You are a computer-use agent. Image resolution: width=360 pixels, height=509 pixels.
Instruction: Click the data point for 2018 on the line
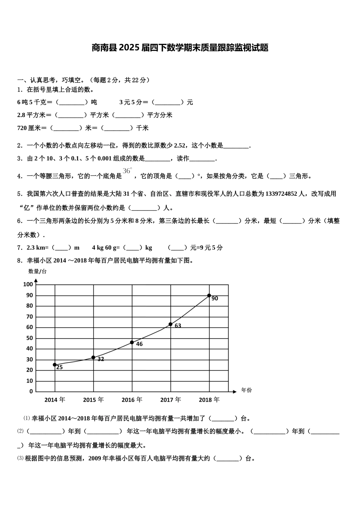pyautogui.click(x=209, y=295)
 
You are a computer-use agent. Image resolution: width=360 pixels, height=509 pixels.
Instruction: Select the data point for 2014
pyautogui.click(x=55, y=365)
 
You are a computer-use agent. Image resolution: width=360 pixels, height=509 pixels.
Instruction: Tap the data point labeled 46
pyautogui.click(x=132, y=342)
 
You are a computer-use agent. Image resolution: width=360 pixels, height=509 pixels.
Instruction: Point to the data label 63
pyautogui.click(x=178, y=326)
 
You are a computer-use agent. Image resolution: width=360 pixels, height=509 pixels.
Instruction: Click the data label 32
pyautogui.click(x=100, y=359)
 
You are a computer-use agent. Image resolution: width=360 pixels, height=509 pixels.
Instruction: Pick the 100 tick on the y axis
pyautogui.click(x=28, y=284)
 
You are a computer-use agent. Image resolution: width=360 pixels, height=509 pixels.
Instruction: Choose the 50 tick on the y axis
pyautogui.click(x=29, y=338)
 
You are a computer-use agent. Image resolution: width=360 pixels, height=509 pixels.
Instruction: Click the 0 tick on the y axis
pyautogui.click(x=31, y=392)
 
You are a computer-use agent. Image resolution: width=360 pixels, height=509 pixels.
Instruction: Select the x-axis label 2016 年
pyautogui.click(x=132, y=400)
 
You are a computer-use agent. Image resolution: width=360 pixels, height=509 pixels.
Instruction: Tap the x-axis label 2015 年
pyautogui.click(x=93, y=400)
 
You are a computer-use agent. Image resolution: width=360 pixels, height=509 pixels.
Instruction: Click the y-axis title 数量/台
pyautogui.click(x=38, y=271)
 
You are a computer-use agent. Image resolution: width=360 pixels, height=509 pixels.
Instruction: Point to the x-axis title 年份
pyautogui.click(x=246, y=390)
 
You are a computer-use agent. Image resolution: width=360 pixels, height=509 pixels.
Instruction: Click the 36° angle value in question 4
pyautogui.click(x=127, y=171)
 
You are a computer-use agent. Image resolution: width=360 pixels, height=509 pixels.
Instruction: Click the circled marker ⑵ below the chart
pyautogui.click(x=20, y=431)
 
